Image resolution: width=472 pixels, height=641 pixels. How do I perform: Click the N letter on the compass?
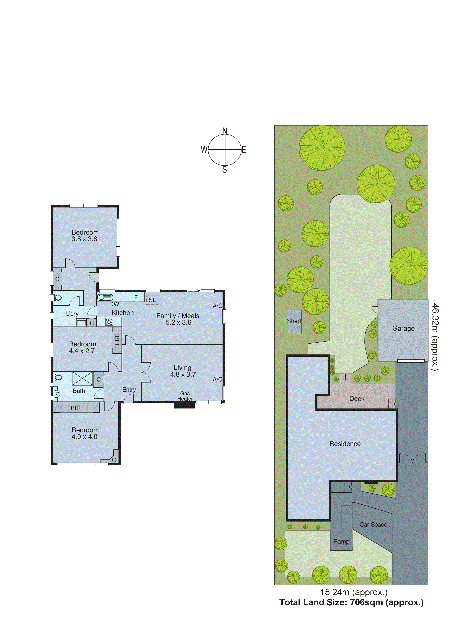(x=225, y=131)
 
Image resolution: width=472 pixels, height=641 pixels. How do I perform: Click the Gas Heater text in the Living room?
(x=185, y=396)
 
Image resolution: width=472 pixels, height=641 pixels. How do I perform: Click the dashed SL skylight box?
(x=152, y=300)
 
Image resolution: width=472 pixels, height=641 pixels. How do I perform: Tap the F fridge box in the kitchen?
(x=136, y=297)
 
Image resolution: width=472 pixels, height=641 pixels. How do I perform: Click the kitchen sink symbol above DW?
(x=105, y=297)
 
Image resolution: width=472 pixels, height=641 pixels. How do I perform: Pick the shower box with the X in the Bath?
(x=82, y=379)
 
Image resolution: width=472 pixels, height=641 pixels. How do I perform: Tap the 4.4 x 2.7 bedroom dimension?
(x=82, y=351)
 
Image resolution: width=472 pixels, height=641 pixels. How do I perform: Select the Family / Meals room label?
(x=178, y=316)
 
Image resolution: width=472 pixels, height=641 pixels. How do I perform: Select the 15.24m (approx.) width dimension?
(x=354, y=592)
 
